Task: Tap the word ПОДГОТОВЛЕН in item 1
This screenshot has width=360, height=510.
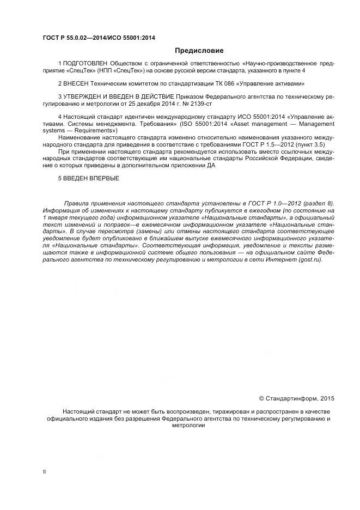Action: click(86, 64)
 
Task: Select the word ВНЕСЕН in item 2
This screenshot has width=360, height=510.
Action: click(76, 84)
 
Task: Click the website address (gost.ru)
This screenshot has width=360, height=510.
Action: click(309, 259)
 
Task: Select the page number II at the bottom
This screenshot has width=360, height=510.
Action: click(44, 471)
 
